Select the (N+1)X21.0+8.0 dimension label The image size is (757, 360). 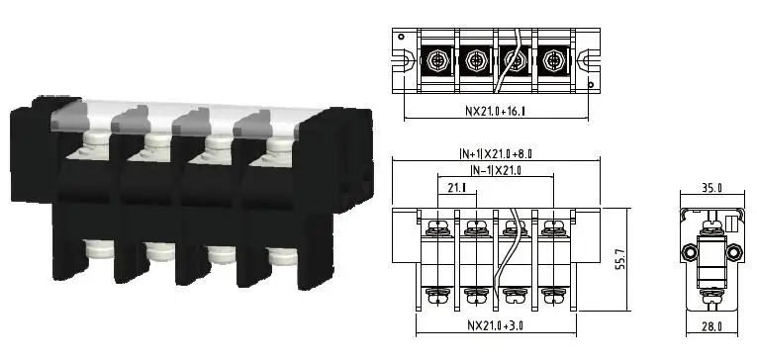coord(494,154)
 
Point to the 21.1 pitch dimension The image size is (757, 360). coord(457,188)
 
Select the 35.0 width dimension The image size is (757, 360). coord(710,186)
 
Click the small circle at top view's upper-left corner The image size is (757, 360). coord(400,36)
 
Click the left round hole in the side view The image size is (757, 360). coord(687,250)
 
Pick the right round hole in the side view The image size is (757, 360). coord(735,250)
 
